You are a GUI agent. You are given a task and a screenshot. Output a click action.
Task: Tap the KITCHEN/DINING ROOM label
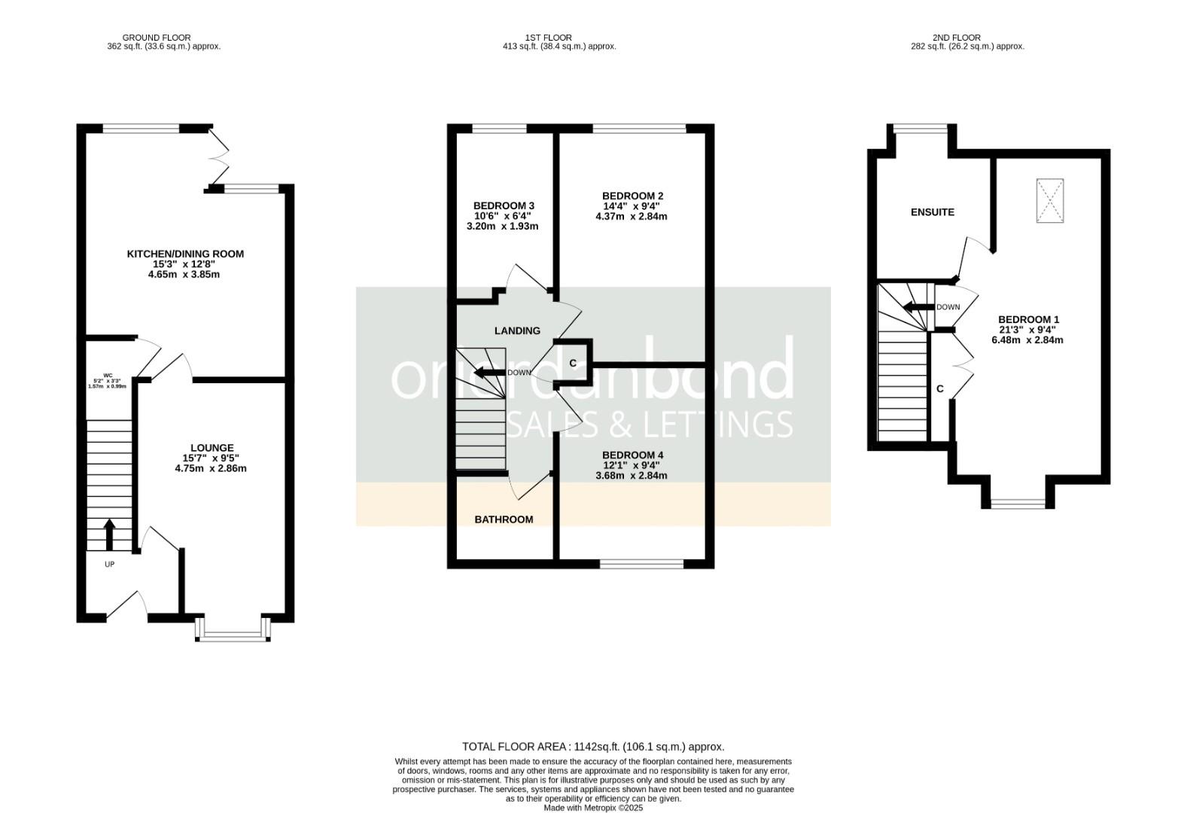[185, 254]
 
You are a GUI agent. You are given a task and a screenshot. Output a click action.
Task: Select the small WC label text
[108, 376]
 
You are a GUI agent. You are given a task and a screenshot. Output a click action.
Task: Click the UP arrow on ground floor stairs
[108, 534]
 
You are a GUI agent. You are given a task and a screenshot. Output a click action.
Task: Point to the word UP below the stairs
[109, 564]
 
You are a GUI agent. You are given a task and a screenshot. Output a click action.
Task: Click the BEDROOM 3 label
[504, 206]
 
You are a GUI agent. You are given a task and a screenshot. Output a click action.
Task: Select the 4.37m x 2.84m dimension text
[631, 217]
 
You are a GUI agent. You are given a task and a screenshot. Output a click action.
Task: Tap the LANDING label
[517, 330]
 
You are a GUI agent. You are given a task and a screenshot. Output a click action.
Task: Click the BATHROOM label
[504, 519]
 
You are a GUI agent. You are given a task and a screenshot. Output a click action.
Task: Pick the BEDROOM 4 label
[632, 455]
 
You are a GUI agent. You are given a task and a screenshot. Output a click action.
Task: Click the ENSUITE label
[932, 212]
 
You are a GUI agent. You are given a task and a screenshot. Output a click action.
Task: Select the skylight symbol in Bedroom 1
[1049, 200]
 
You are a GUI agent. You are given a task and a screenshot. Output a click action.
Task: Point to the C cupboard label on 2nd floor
[939, 389]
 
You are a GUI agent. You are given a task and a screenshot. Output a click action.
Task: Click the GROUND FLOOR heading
[157, 38]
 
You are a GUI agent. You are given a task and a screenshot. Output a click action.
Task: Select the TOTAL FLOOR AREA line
[593, 747]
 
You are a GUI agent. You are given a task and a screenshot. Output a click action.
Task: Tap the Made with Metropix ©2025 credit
[593, 808]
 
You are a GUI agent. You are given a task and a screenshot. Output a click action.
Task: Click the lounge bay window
[233, 635]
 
